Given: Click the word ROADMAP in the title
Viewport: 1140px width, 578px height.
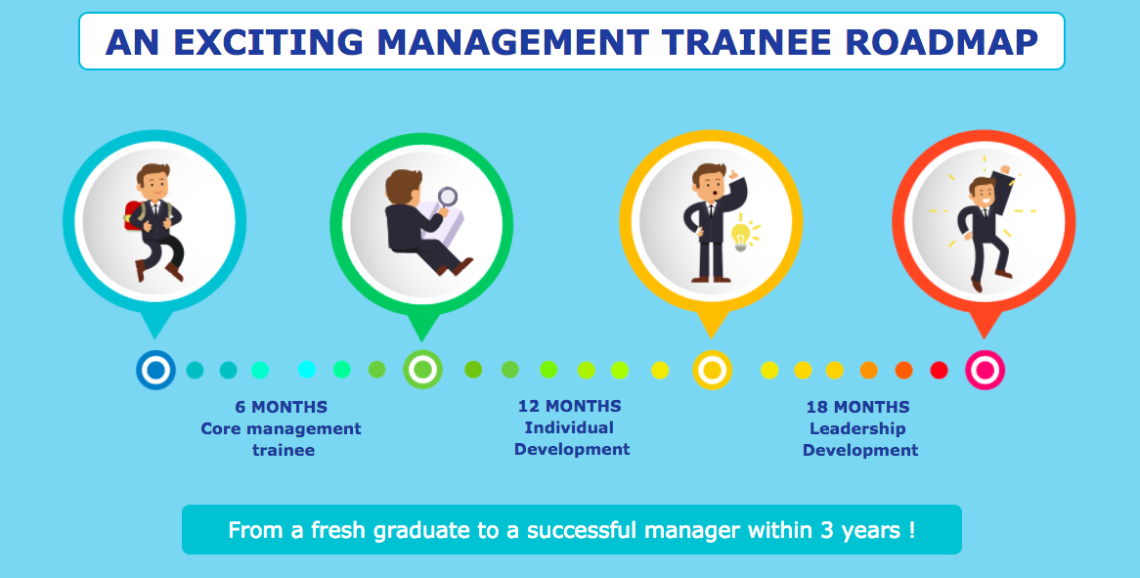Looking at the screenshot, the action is point(943,42).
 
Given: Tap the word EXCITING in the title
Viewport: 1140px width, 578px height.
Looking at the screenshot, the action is point(268,42).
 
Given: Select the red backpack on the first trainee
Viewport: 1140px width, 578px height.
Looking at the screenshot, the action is point(133,216).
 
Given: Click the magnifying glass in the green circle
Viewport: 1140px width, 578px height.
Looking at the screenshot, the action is point(447,197).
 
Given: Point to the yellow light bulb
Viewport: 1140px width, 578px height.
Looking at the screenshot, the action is point(741,237).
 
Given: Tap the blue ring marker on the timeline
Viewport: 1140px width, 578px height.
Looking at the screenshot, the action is point(155,370).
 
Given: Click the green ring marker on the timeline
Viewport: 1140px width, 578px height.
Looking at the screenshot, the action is point(423,370).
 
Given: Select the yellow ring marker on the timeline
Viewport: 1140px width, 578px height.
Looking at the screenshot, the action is point(713,370).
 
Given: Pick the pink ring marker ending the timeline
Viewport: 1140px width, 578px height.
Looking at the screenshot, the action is point(986,370).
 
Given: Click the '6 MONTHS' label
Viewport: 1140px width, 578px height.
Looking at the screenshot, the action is point(282,407).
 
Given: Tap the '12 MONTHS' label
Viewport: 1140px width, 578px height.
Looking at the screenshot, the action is point(570,406).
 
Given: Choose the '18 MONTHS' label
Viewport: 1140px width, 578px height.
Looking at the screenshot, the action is point(857,407).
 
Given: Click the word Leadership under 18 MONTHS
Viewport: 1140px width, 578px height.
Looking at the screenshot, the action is point(857,429).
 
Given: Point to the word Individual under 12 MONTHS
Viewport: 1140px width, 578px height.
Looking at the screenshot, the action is point(569,427).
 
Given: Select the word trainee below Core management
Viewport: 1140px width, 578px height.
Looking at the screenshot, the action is point(284,450).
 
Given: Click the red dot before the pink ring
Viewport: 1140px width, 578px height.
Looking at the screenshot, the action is point(940,370).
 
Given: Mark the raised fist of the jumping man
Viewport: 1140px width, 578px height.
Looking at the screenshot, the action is point(1005,170).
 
